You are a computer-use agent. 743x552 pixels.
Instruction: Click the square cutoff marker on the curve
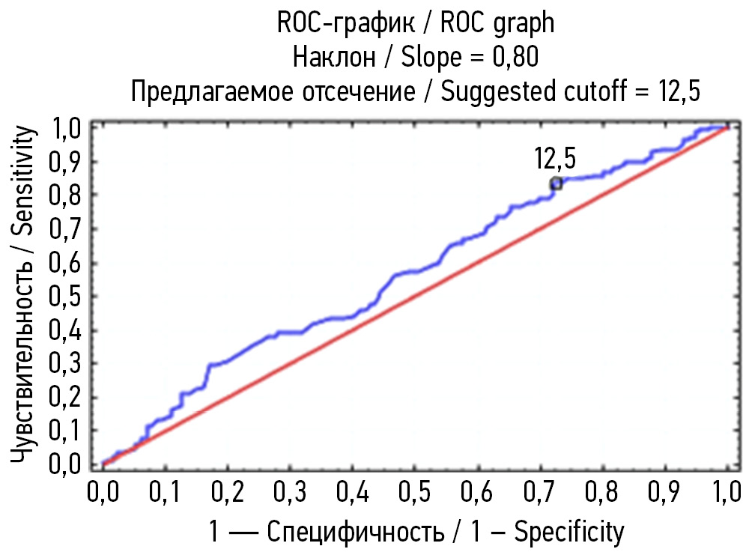[556, 184]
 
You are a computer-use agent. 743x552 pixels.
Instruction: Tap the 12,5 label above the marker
[555, 159]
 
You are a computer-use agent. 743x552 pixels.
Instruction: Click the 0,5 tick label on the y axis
[66, 296]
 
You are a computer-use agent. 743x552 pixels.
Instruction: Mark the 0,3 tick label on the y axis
[66, 363]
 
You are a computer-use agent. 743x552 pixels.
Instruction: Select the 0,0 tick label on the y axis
[66, 464]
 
